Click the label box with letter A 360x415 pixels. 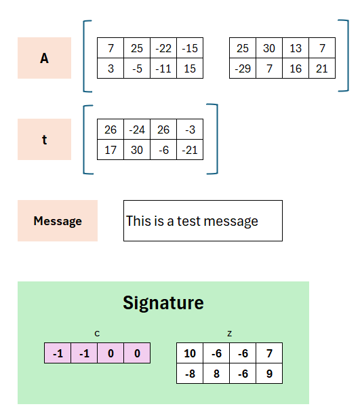[x=44, y=58]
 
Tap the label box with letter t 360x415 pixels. [x=44, y=139]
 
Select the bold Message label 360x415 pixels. [x=58, y=221]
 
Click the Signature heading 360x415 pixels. [x=163, y=303]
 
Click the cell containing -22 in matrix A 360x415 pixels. [x=163, y=48]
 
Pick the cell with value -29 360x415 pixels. [x=243, y=68]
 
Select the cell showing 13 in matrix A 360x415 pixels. [x=296, y=48]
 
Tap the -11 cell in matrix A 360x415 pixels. [x=163, y=68]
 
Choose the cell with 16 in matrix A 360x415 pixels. [x=296, y=68]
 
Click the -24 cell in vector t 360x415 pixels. [x=137, y=129]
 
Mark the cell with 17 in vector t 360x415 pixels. [x=111, y=150]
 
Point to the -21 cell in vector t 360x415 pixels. [x=190, y=150]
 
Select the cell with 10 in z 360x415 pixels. [x=190, y=353]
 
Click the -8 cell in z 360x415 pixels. [x=190, y=374]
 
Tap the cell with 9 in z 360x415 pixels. [x=269, y=374]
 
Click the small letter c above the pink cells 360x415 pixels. [x=97, y=334]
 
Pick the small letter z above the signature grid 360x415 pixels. [x=230, y=334]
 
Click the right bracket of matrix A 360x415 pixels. [x=348, y=56]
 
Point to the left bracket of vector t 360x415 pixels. [x=84, y=140]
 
